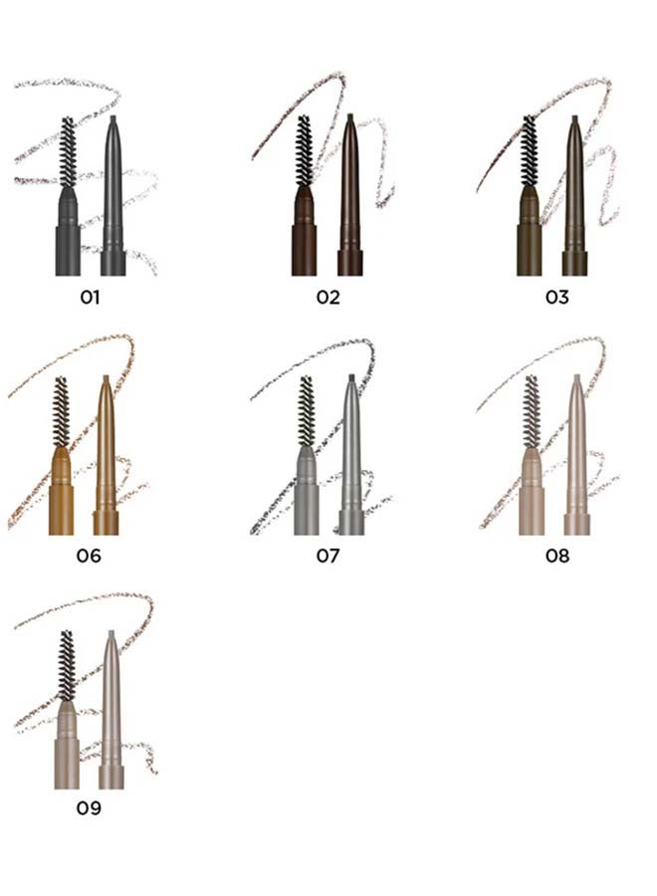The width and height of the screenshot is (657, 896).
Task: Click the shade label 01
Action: coord(90,297)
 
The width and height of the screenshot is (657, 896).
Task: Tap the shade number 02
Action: coord(328,297)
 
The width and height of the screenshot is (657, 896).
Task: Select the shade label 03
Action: coord(557,297)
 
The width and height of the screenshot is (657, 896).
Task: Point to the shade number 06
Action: coord(89,556)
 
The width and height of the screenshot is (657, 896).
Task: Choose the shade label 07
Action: coord(328,556)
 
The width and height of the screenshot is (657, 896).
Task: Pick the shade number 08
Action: coord(557,556)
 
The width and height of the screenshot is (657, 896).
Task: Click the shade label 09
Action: coord(89,807)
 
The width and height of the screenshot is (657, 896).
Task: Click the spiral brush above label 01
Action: coord(68,152)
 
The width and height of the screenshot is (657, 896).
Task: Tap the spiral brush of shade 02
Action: coord(304,151)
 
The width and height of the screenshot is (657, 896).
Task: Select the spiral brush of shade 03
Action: coord(529,151)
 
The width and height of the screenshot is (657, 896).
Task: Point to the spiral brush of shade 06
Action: coord(61,412)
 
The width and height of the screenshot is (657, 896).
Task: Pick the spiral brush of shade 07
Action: coord(307,412)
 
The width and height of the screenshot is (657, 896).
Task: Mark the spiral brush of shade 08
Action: coord(532,412)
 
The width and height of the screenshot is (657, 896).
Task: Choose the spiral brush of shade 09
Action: coord(67,666)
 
